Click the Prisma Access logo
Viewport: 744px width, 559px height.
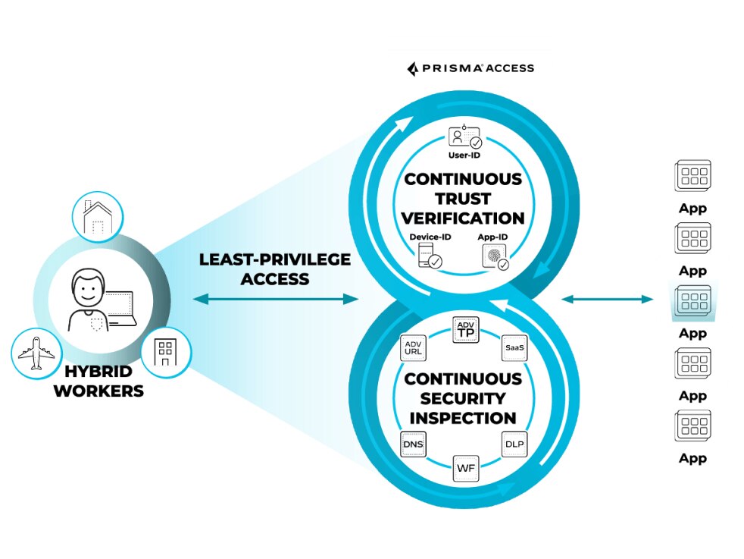[470, 68]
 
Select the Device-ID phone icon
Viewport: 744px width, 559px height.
[429, 256]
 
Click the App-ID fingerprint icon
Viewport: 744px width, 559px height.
[495, 256]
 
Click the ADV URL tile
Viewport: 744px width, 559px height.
[413, 347]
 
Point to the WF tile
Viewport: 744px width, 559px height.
[465, 468]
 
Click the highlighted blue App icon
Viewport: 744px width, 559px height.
[692, 301]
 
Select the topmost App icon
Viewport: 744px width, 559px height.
[692, 176]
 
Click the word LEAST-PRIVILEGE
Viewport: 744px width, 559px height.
[275, 259]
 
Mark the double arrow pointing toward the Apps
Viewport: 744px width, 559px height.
[607, 300]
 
